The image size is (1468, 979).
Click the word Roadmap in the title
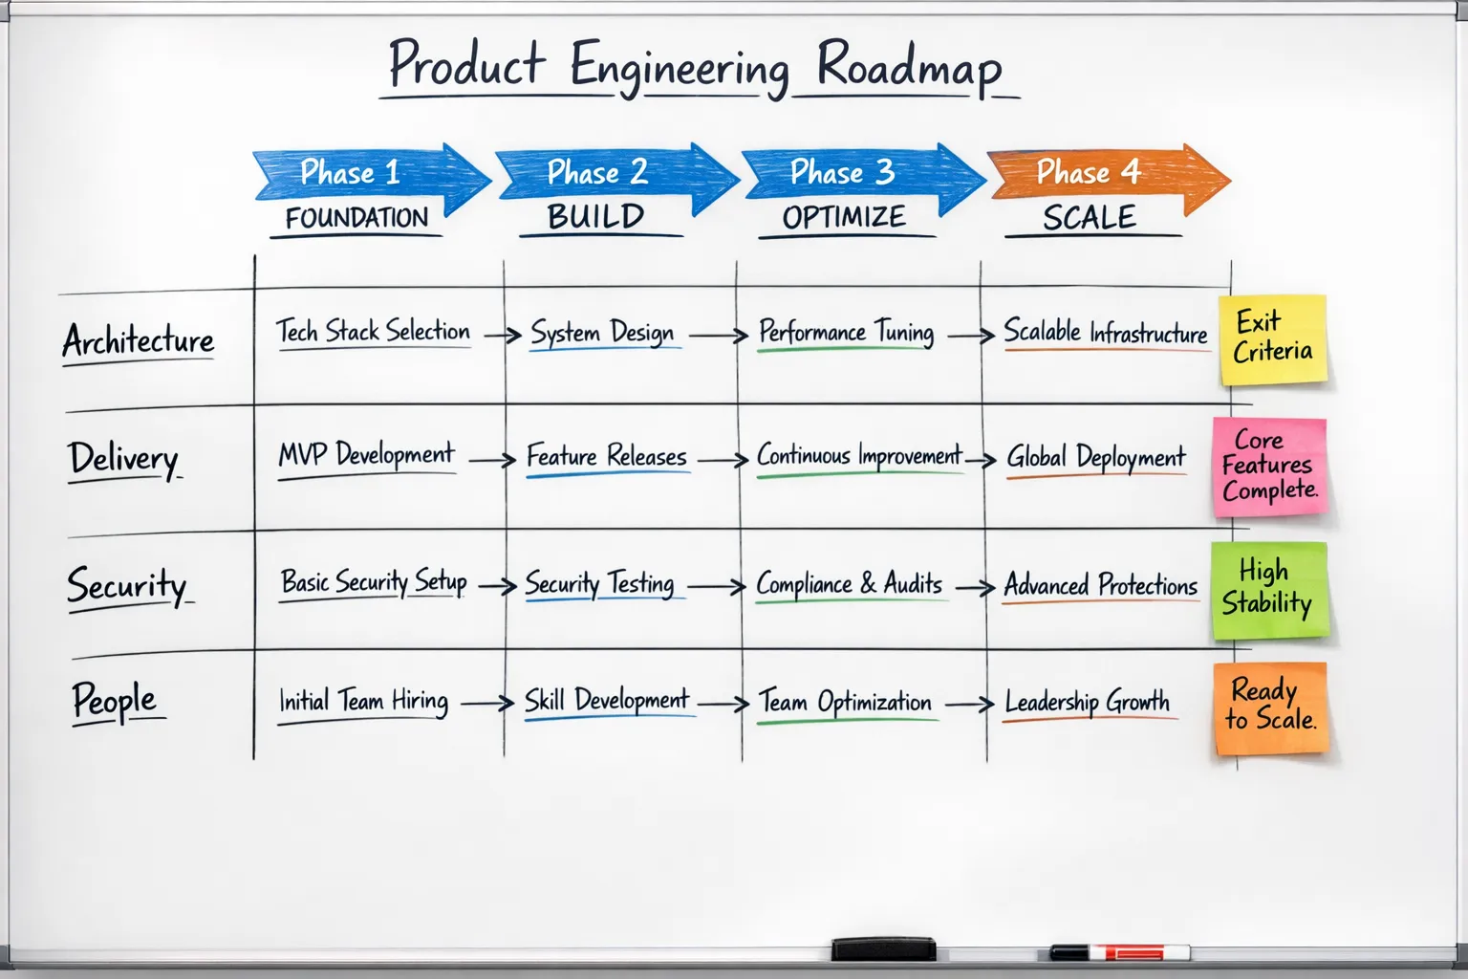(908, 67)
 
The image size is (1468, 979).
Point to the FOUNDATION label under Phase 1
(356, 218)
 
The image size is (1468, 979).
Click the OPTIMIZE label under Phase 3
(844, 217)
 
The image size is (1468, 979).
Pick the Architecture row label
(139, 340)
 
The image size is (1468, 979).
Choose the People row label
(115, 701)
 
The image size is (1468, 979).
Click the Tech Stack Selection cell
(374, 332)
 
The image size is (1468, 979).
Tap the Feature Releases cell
(606, 457)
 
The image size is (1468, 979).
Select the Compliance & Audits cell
(849, 583)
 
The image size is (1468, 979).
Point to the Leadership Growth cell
(1087, 703)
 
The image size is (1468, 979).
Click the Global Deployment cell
(1095, 458)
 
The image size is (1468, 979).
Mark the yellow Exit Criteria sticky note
(1273, 338)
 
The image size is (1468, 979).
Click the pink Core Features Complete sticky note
(1269, 467)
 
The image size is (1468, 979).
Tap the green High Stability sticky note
(1269, 589)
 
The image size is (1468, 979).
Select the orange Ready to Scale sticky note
(1271, 707)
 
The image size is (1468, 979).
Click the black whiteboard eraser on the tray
(883, 948)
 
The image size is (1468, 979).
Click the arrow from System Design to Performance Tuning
(718, 336)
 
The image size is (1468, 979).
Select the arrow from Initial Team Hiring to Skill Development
(487, 704)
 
